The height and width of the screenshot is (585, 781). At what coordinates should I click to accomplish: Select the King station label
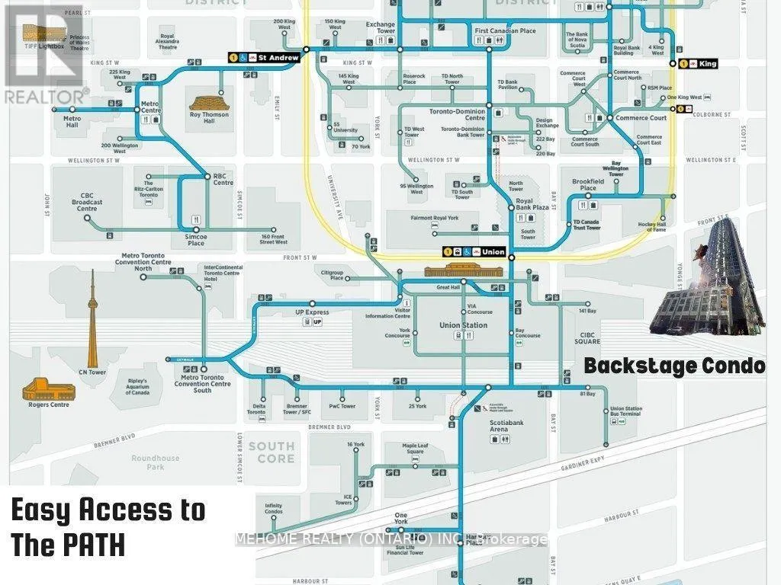(x=708, y=64)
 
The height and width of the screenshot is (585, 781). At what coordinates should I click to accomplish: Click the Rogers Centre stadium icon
(x=50, y=392)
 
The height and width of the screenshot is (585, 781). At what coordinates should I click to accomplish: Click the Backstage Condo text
(x=674, y=366)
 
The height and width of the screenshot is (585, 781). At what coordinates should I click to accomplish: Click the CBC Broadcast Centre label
(x=88, y=201)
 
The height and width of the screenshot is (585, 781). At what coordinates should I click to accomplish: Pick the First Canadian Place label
(x=505, y=31)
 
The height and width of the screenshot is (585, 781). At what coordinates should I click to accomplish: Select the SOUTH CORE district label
(x=271, y=452)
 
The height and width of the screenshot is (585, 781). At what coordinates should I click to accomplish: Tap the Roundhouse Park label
(x=155, y=462)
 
